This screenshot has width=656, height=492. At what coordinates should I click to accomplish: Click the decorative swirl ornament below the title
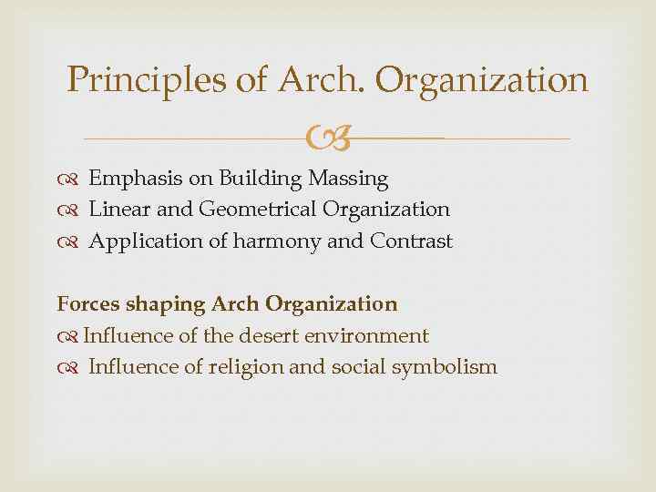(x=326, y=139)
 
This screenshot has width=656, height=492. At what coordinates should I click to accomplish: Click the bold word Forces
(x=86, y=303)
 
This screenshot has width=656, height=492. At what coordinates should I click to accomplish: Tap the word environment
(x=370, y=335)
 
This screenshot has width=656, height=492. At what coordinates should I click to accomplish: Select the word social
(x=366, y=367)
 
